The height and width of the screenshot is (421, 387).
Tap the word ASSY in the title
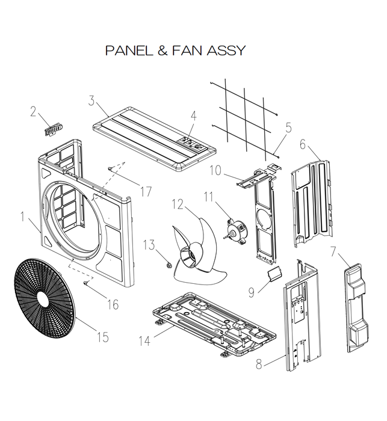226,50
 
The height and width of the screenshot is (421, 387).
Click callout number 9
252,292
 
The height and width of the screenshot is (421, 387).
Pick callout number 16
113,304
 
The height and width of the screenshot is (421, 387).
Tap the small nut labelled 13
169,263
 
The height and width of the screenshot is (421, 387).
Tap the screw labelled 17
111,169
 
